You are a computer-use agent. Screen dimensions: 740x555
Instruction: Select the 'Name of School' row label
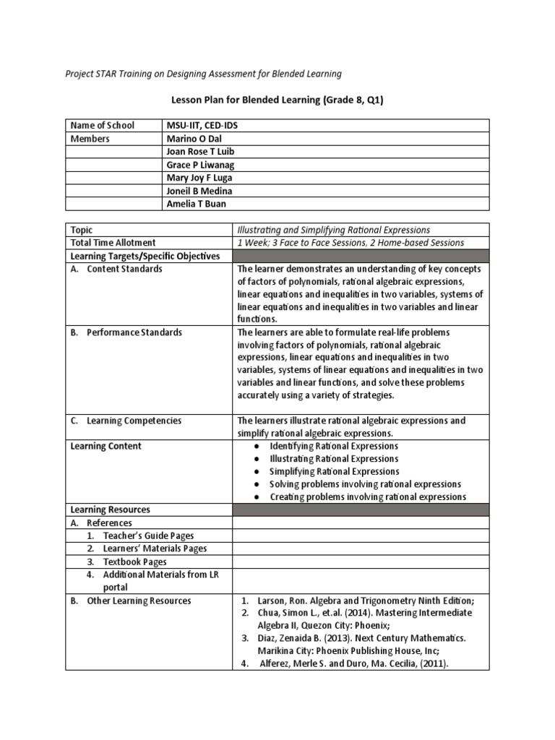point(102,126)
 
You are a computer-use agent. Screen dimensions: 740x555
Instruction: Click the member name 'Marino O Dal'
point(193,139)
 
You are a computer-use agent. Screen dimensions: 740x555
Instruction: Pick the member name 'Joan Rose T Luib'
point(200,152)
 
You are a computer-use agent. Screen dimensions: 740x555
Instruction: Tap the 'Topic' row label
point(82,230)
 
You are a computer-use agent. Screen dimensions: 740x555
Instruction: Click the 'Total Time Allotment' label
point(113,243)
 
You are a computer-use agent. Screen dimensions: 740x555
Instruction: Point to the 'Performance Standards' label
point(134,332)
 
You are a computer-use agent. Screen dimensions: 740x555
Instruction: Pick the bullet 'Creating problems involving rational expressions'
point(367,496)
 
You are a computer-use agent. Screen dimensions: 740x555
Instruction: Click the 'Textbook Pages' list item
point(134,562)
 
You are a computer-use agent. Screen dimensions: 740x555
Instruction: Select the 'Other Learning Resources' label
point(139,601)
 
